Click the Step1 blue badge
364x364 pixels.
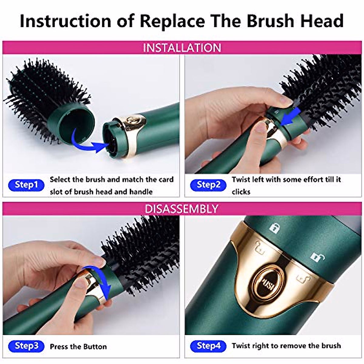[x=26, y=185]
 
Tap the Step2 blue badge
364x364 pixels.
[x=208, y=185]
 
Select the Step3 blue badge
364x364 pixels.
[x=26, y=346]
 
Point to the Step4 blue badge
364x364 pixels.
[x=208, y=346]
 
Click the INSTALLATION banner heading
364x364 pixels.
[x=182, y=48]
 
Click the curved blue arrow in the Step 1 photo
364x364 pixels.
[x=88, y=143]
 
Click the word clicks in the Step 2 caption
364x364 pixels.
[x=241, y=192]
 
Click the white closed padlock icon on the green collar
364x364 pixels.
[x=275, y=227]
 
